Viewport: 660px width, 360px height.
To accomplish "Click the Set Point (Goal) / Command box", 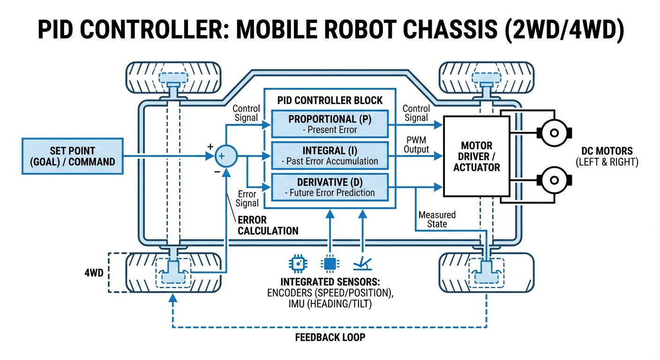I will (x=72, y=156).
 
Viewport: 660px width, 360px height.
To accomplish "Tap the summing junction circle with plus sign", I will (x=226, y=156).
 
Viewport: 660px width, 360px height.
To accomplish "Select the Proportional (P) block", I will (x=330, y=124).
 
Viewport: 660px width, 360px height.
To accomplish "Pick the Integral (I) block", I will (x=330, y=156).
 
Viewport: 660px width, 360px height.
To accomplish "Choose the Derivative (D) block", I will (x=330, y=187).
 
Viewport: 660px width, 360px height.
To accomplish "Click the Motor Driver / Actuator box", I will (x=476, y=156).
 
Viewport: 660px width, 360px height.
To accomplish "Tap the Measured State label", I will (x=437, y=219).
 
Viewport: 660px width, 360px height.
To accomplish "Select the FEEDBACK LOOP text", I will (x=330, y=337).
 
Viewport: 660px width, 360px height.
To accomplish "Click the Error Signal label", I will (x=247, y=198).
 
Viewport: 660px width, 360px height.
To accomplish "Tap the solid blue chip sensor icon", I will (x=330, y=264).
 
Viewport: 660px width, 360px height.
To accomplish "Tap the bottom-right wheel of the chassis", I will (x=486, y=272).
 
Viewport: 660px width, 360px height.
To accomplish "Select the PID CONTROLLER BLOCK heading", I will (x=330, y=100).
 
